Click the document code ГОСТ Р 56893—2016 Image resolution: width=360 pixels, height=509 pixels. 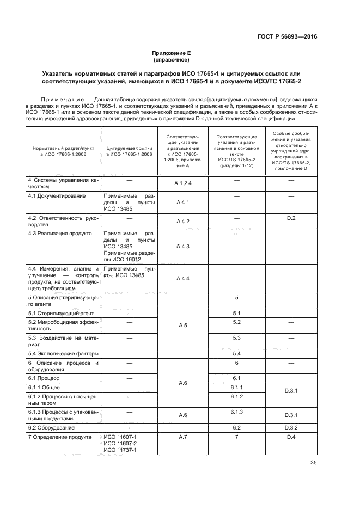coord(287,37)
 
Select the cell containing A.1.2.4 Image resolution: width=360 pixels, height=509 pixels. coord(182,183)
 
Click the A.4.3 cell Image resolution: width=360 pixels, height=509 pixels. coord(182,246)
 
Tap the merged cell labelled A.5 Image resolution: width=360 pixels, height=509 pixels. coord(182,326)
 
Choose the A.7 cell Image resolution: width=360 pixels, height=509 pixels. coord(182,437)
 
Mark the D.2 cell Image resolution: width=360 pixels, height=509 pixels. coord(291,218)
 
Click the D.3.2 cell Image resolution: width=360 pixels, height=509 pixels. coord(291,428)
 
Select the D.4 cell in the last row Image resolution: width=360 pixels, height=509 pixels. coord(291,437)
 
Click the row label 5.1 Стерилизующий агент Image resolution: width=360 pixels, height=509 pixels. coord(57,314)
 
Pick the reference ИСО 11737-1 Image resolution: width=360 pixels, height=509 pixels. coord(119,450)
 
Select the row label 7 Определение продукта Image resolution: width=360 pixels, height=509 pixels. coord(58,437)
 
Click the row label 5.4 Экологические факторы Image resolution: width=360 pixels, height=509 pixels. coord(60,354)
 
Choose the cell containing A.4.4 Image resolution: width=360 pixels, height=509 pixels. coord(182,279)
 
